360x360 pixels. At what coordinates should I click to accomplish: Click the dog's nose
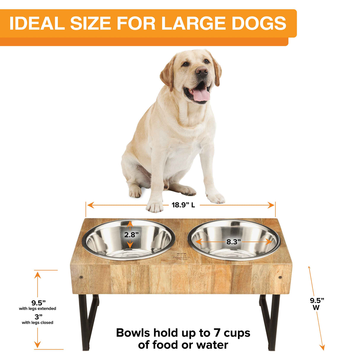pyautogui.click(x=202, y=71)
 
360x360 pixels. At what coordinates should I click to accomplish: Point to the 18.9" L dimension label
pyautogui.click(x=183, y=205)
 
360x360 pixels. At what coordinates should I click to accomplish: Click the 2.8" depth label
pyautogui.click(x=131, y=235)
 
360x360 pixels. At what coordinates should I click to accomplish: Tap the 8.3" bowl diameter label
pyautogui.click(x=234, y=242)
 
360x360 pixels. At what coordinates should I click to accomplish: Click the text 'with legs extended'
pyautogui.click(x=38, y=308)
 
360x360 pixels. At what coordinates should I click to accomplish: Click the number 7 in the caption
pyautogui.click(x=217, y=333)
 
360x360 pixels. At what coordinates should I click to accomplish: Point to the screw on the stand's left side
pyautogui.click(x=81, y=278)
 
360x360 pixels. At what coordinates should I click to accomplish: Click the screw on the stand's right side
pyautogui.click(x=280, y=278)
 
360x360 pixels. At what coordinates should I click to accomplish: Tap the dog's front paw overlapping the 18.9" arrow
pyautogui.click(x=155, y=207)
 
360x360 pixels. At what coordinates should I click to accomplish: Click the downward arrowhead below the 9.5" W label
pyautogui.click(x=323, y=347)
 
